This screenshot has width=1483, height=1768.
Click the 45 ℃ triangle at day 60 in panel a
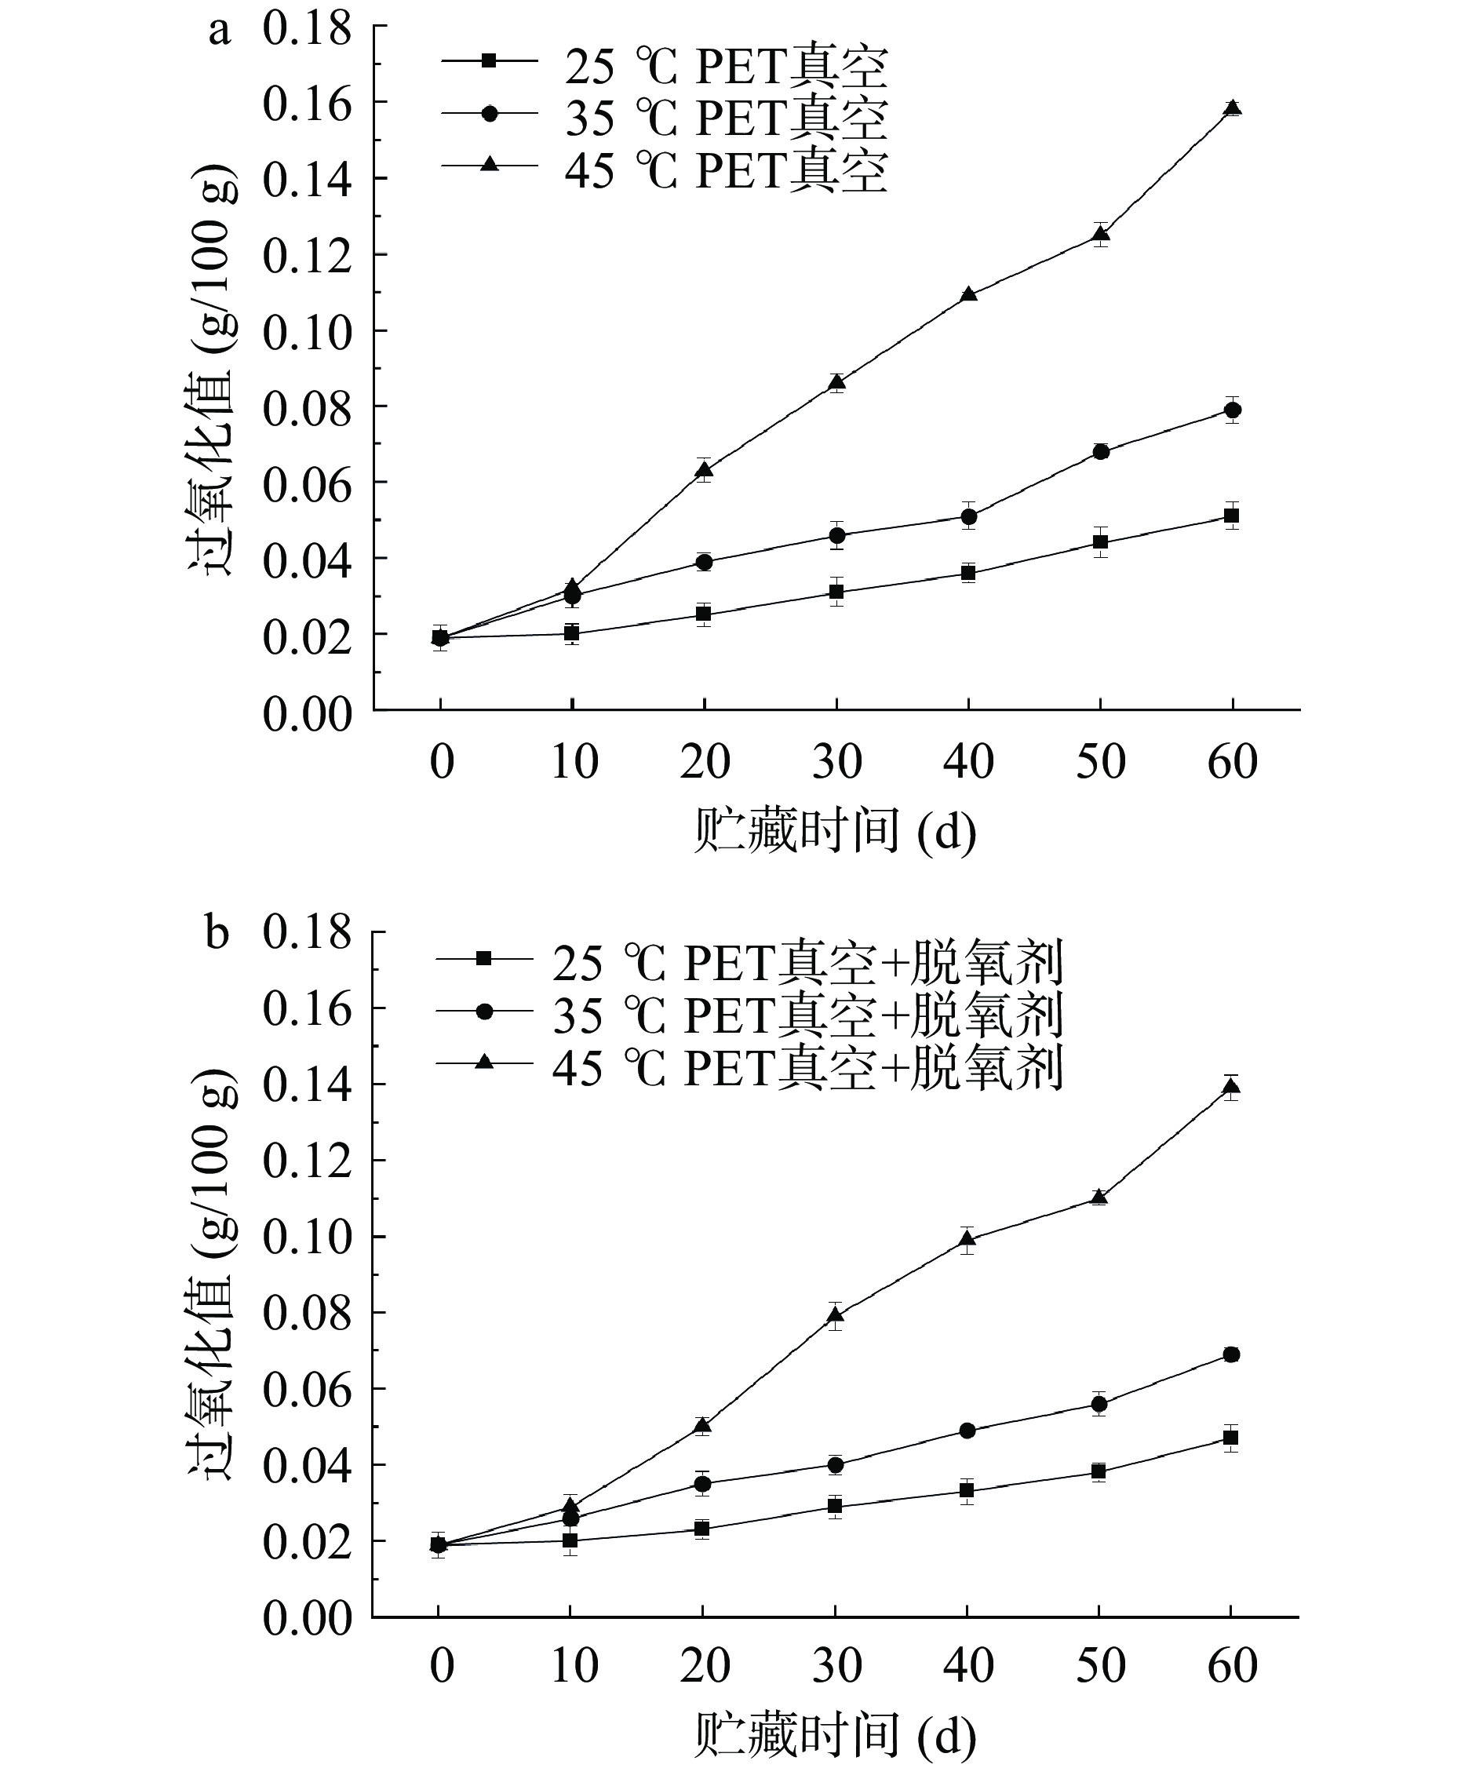[x=1233, y=108]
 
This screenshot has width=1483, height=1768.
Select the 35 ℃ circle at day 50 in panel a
[x=1101, y=451]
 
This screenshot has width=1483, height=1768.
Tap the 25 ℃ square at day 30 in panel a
[x=836, y=592]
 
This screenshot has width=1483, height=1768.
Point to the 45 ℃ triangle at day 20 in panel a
[x=705, y=469]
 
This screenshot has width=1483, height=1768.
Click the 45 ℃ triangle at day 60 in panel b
[x=1230, y=1086]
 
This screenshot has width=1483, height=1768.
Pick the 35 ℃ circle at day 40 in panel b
[x=967, y=1431]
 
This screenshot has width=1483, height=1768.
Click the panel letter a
[x=220, y=31]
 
